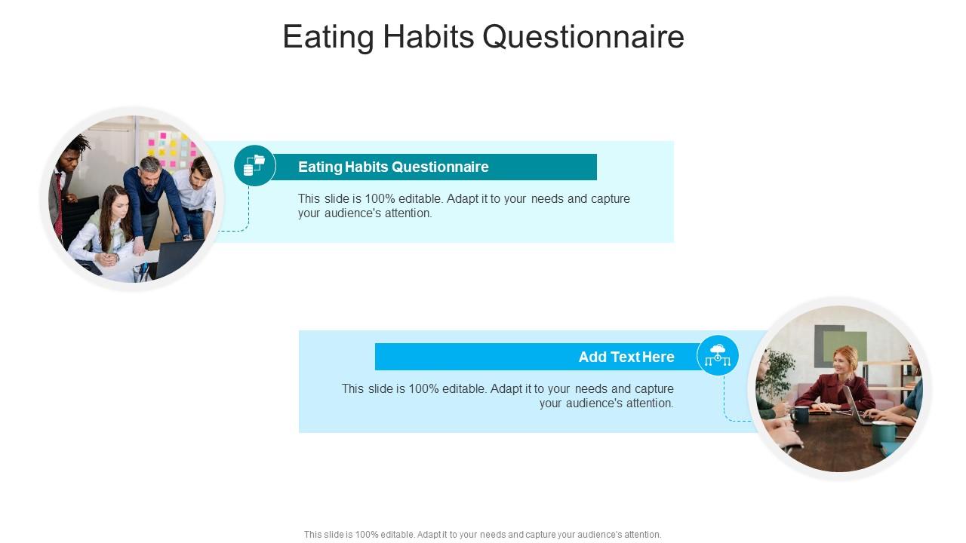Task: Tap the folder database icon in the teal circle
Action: (254, 165)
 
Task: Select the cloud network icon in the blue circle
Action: (718, 355)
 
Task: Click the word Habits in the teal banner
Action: (367, 167)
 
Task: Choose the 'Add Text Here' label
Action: (626, 357)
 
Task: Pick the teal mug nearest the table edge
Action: (882, 433)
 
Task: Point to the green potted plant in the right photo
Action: (777, 373)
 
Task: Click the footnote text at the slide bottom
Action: (482, 534)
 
